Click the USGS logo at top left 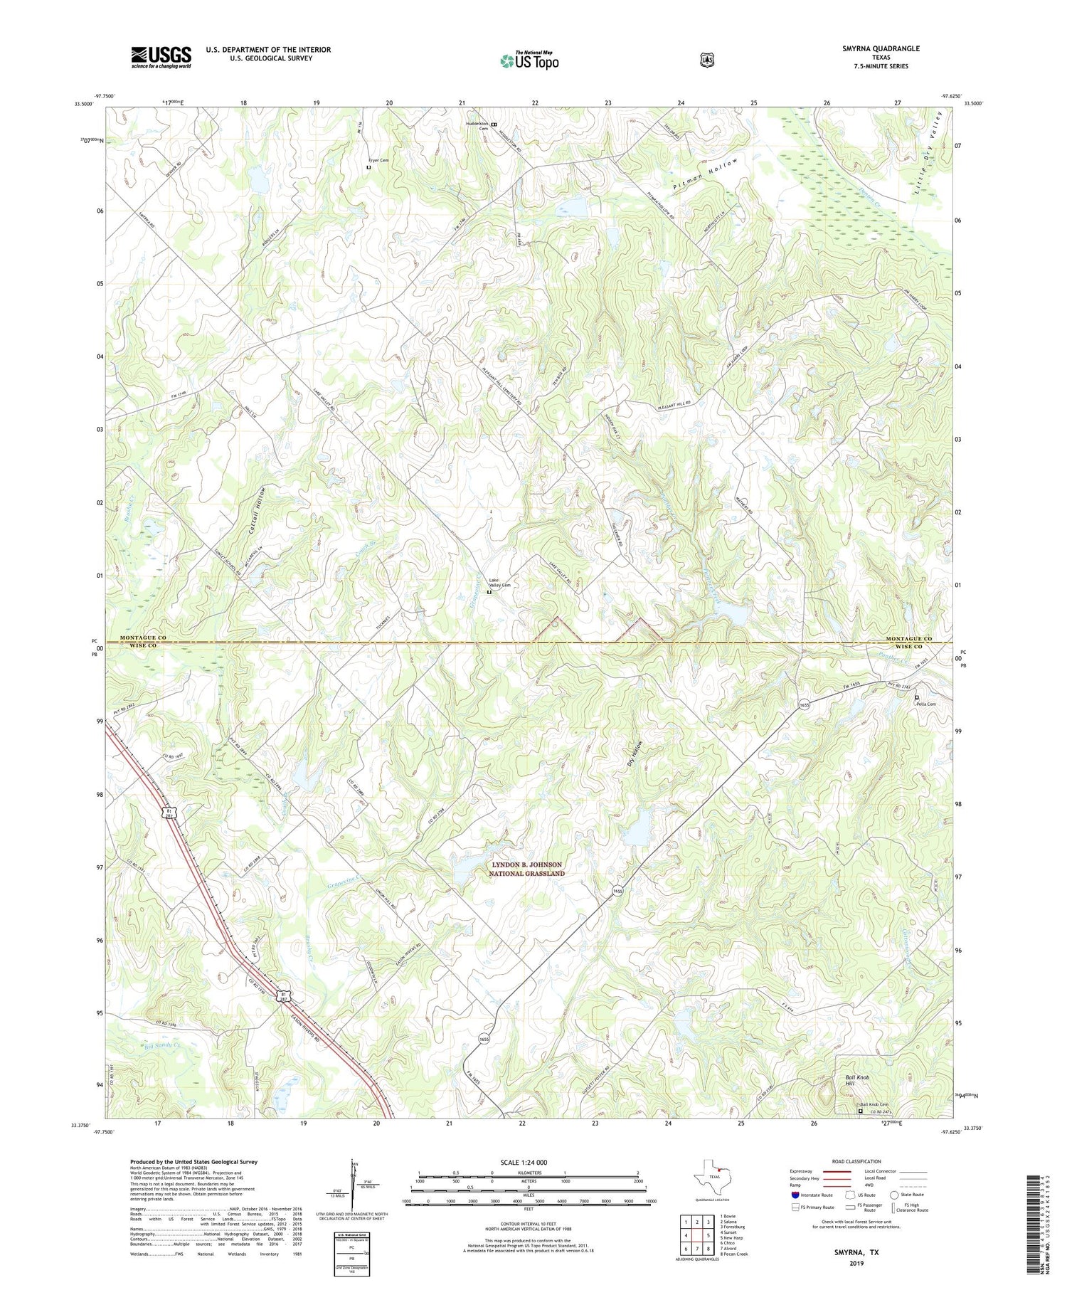[161, 57]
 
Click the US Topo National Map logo [529, 60]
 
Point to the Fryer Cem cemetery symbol [368, 168]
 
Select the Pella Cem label [926, 704]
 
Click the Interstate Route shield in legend [795, 1195]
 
